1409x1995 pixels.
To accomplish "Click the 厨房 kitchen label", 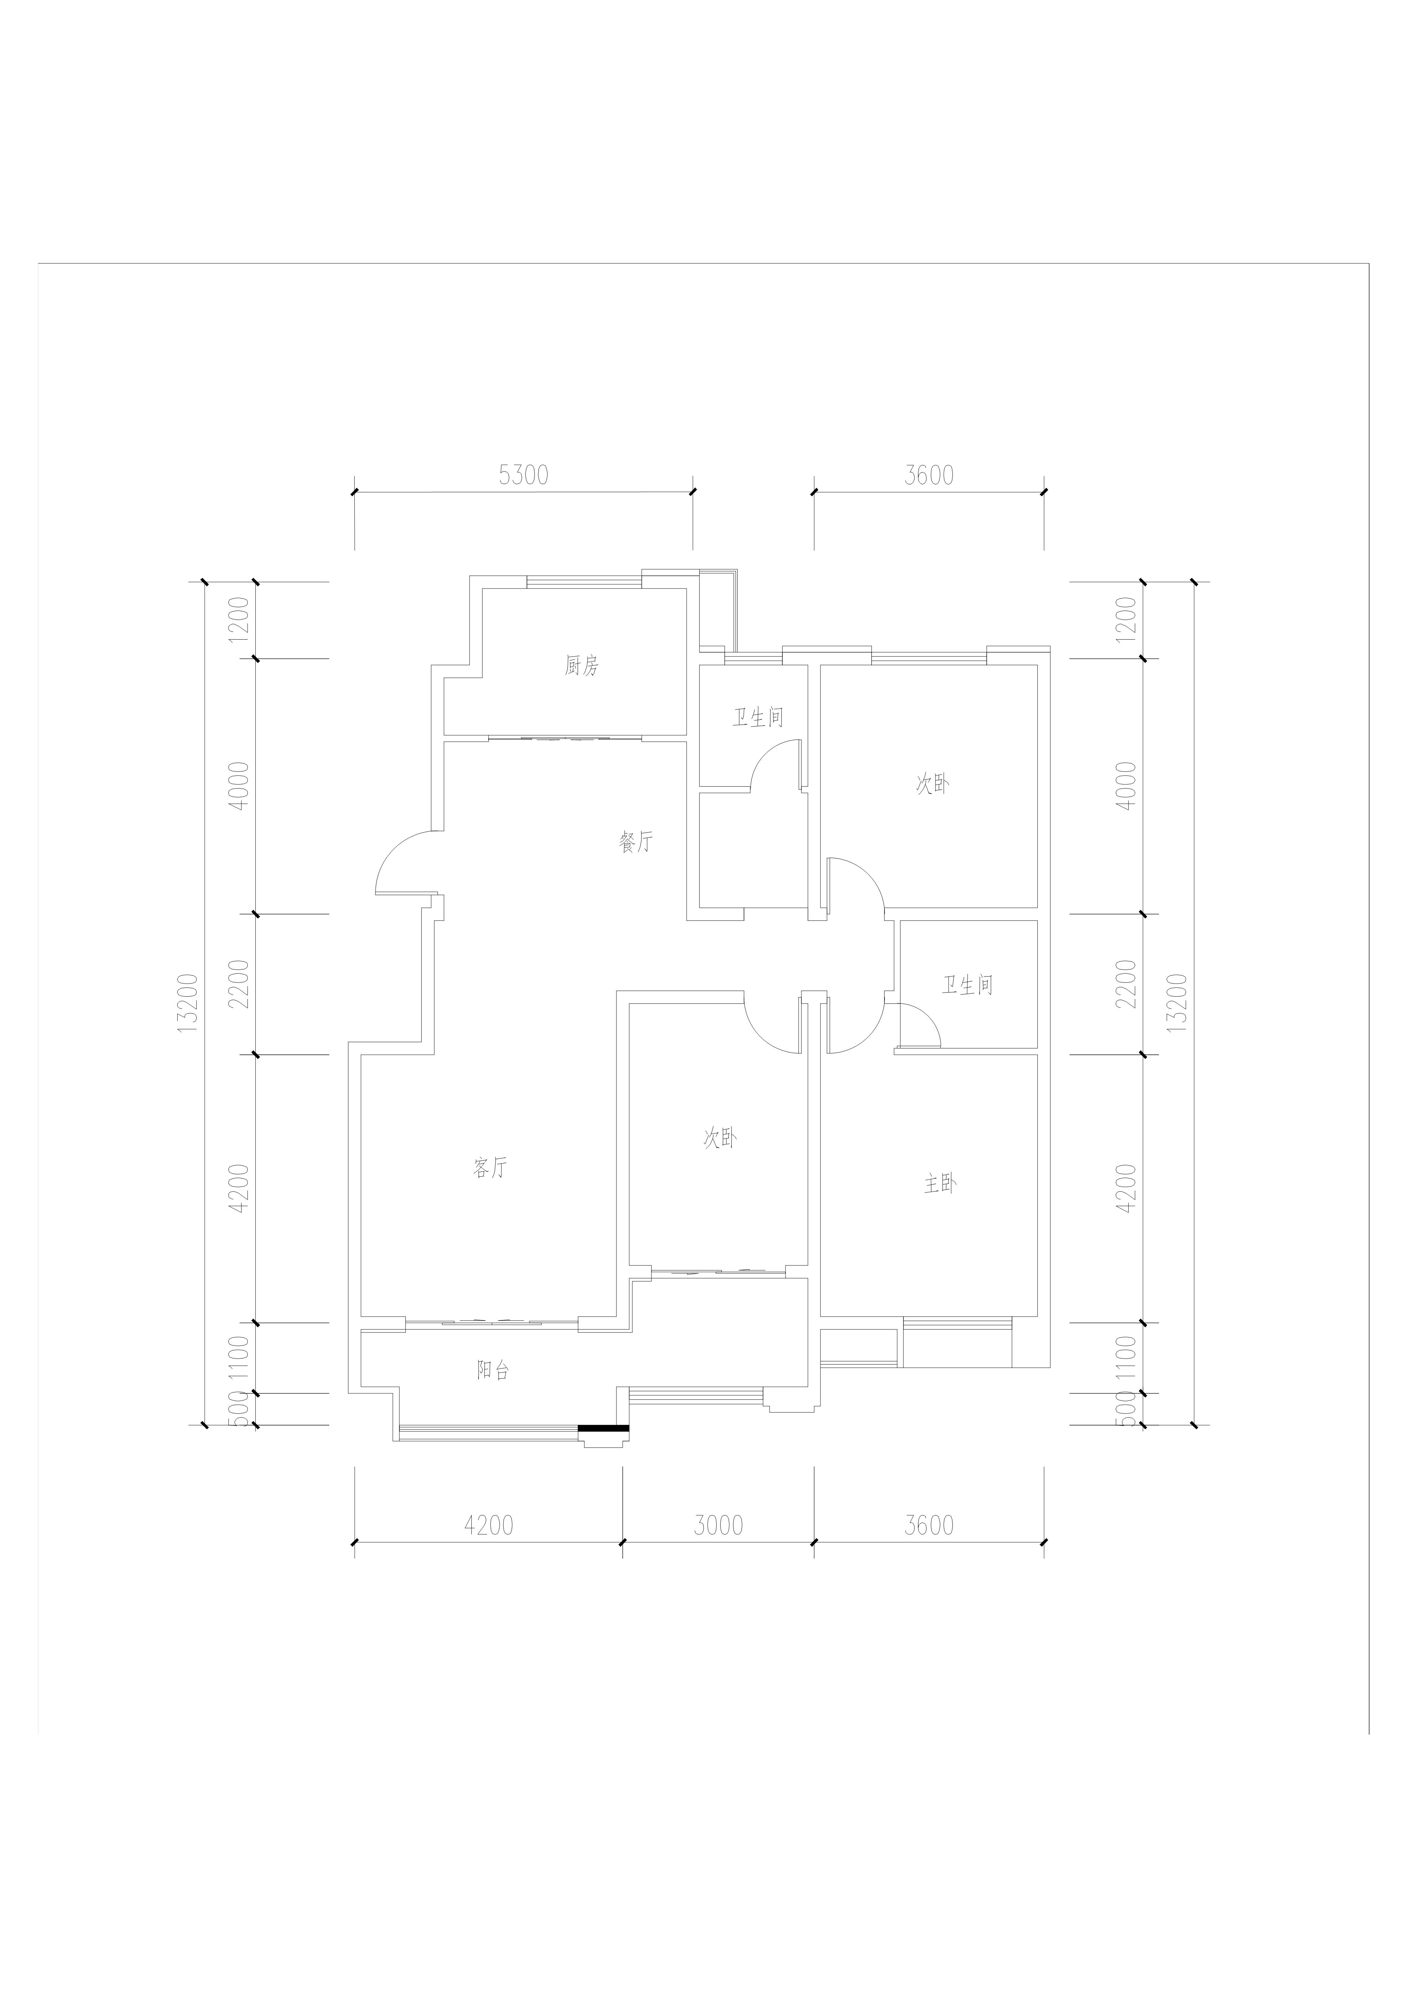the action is click(581, 666).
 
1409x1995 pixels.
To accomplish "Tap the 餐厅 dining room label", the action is click(636, 841).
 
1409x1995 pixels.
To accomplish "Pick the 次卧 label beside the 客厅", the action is click(720, 1138).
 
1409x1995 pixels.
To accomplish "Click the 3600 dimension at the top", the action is click(929, 475).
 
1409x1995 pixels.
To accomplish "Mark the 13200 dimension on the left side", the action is click(188, 1003).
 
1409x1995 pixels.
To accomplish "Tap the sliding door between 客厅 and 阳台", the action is click(492, 1323).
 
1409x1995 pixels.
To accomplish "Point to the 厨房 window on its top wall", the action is click(584, 581).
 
